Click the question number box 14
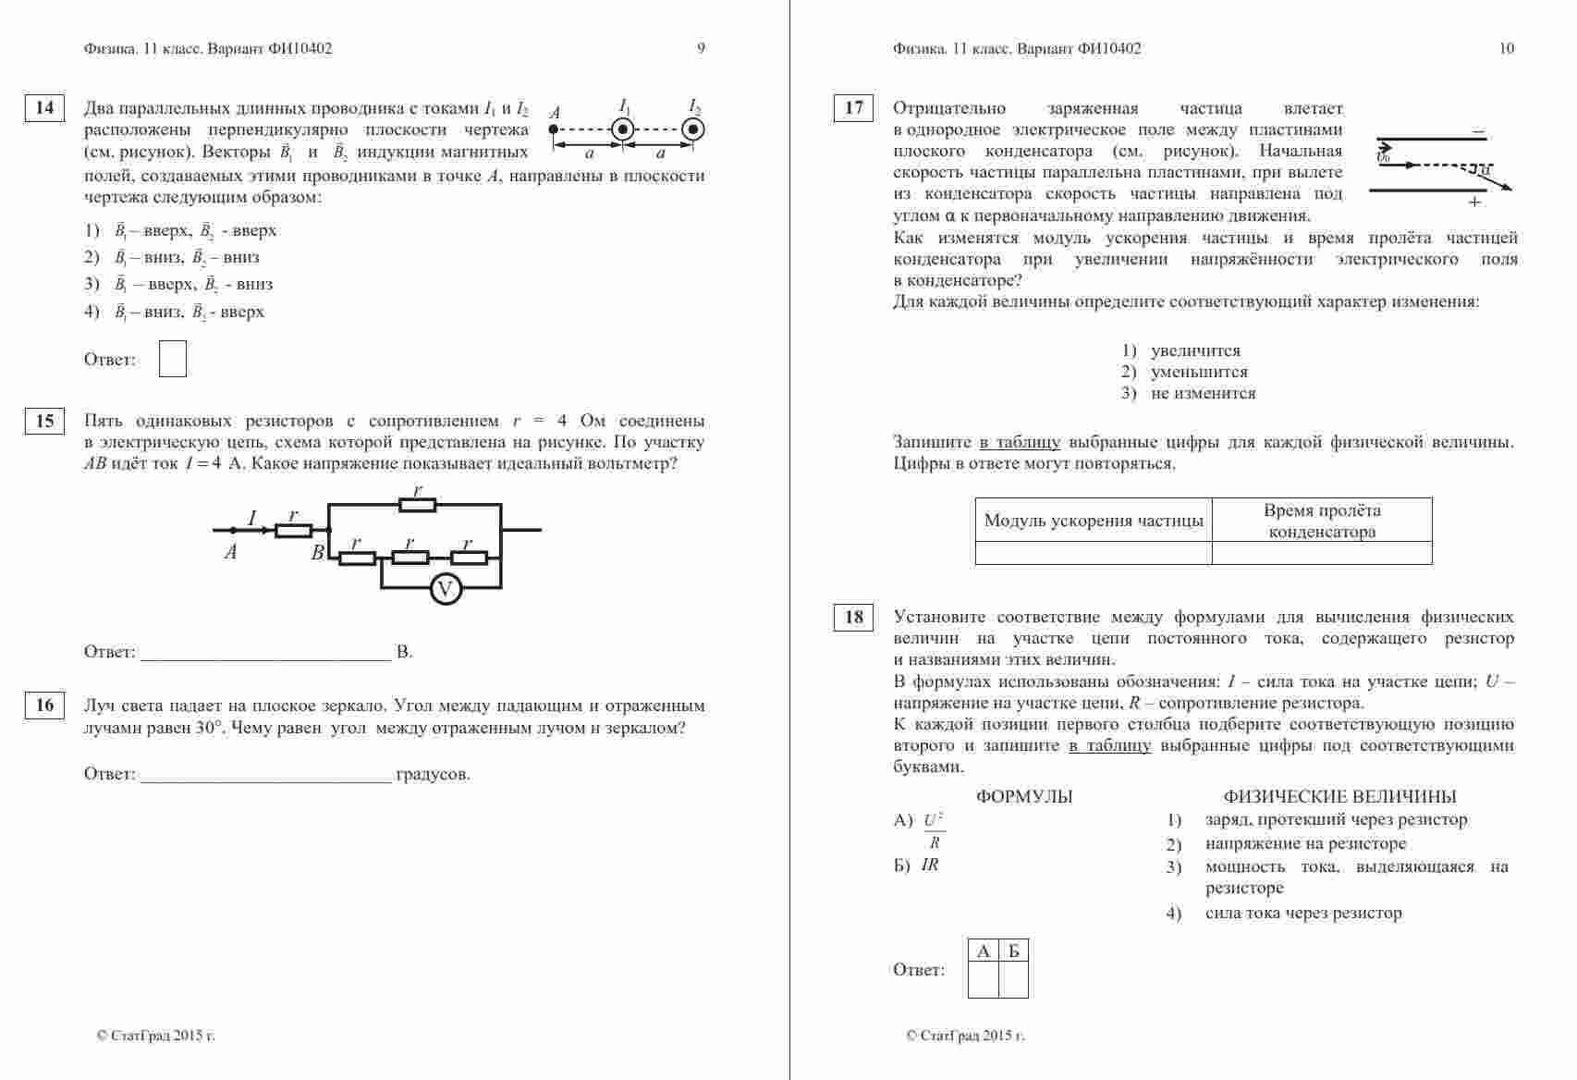(x=44, y=108)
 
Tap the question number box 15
(x=44, y=422)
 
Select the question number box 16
(x=44, y=706)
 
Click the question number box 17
(x=853, y=108)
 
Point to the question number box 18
(x=853, y=617)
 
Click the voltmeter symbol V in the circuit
(x=446, y=588)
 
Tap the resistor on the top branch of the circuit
(x=417, y=505)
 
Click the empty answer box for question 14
(x=172, y=359)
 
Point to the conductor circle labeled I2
(x=692, y=129)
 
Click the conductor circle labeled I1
(x=623, y=129)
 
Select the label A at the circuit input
(x=230, y=553)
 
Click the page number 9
(x=701, y=49)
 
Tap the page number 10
(x=1506, y=49)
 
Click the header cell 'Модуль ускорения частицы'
(x=1094, y=521)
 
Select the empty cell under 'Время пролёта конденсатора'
(x=1321, y=553)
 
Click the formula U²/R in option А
(x=934, y=830)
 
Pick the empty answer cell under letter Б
(x=1014, y=980)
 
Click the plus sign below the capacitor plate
(x=1474, y=202)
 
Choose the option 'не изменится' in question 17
(x=1203, y=394)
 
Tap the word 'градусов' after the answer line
(x=433, y=775)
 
